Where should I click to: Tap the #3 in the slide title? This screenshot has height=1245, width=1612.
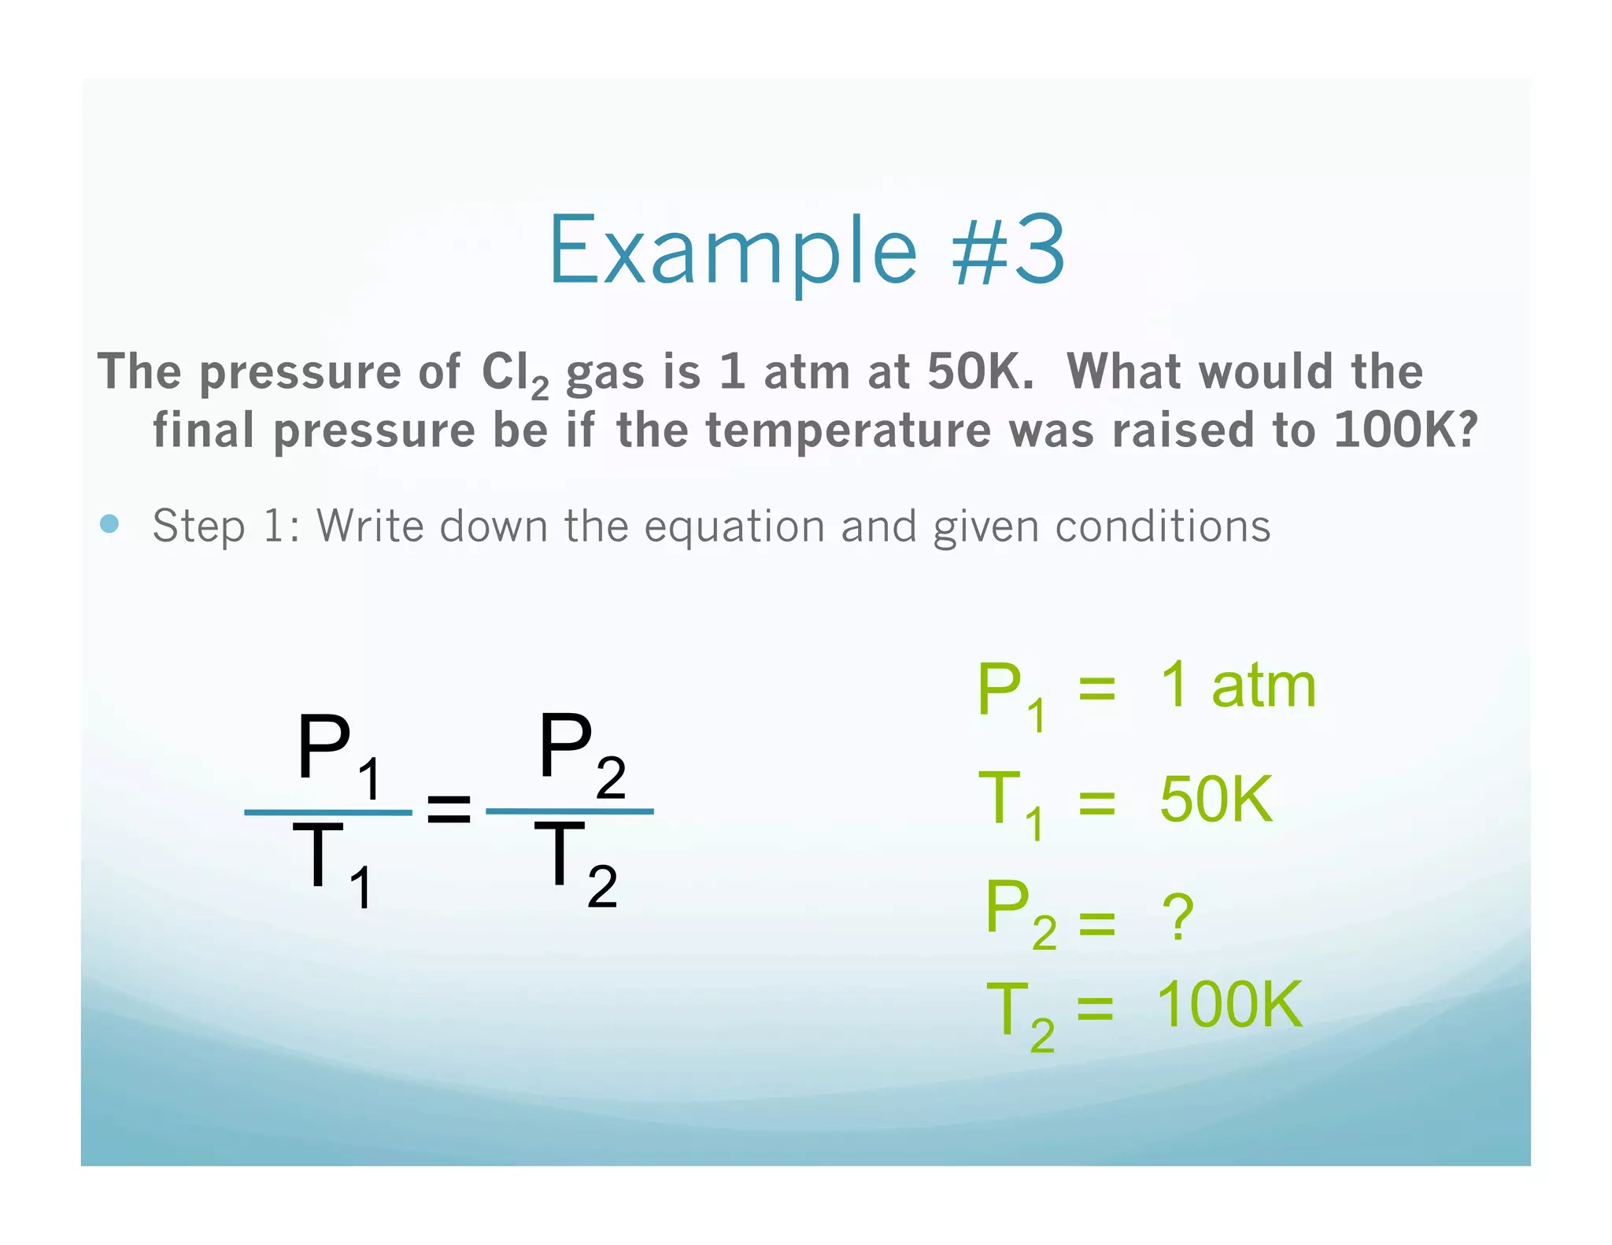pyautogui.click(x=1009, y=250)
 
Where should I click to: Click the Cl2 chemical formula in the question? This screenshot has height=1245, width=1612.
pyautogui.click(x=514, y=373)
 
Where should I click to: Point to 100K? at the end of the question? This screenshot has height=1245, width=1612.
pyautogui.click(x=1406, y=430)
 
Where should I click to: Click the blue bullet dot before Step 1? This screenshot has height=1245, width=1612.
pyautogui.click(x=110, y=524)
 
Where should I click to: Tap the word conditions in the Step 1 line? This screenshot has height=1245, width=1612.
pyautogui.click(x=1163, y=526)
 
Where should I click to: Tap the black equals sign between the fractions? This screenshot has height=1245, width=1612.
pyautogui.click(x=449, y=810)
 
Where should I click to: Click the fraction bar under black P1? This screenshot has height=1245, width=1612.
pyautogui.click(x=328, y=812)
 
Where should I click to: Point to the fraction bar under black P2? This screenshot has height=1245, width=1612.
pyautogui.click(x=570, y=811)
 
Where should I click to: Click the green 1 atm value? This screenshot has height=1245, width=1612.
pyautogui.click(x=1237, y=685)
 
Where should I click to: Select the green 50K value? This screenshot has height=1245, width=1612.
pyautogui.click(x=1215, y=799)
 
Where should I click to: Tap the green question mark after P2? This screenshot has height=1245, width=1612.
pyautogui.click(x=1178, y=917)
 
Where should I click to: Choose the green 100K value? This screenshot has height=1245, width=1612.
pyautogui.click(x=1229, y=1005)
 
